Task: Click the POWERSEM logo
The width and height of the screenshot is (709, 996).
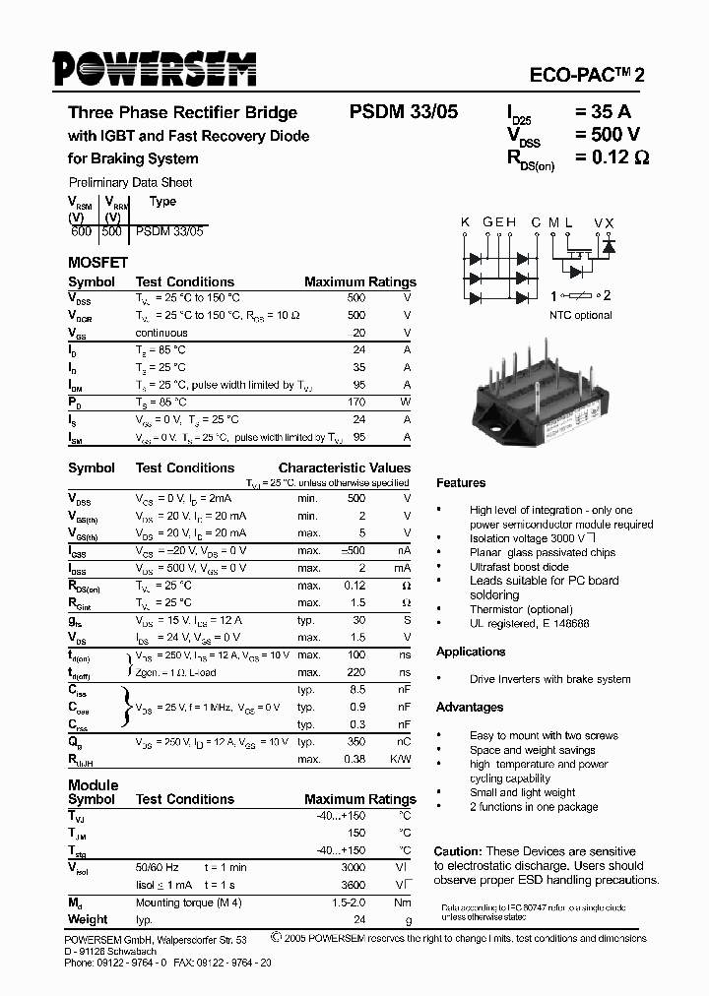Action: click(x=156, y=69)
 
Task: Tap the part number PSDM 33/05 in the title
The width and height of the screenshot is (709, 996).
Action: click(x=404, y=112)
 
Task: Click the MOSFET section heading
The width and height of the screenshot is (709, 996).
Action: click(x=97, y=263)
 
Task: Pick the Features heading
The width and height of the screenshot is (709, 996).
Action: click(x=461, y=483)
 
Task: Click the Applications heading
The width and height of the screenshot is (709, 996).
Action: click(x=471, y=652)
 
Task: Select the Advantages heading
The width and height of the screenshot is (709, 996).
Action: click(x=470, y=708)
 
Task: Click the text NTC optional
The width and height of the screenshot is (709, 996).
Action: click(x=581, y=315)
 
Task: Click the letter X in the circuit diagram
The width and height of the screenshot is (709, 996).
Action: click(x=611, y=222)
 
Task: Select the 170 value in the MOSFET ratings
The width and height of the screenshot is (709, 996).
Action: click(x=356, y=403)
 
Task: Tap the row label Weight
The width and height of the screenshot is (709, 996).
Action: click(x=88, y=919)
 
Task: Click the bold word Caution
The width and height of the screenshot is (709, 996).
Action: click(x=458, y=851)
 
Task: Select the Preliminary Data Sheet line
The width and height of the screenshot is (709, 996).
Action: click(x=130, y=182)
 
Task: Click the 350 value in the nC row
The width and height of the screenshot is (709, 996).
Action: click(x=356, y=741)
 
